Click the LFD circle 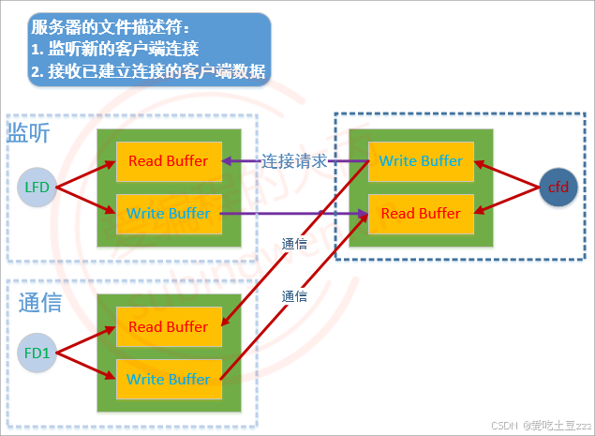coord(38,188)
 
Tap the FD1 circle coord(38,353)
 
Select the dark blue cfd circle coord(558,188)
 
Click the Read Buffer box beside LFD coord(169,161)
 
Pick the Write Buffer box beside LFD coord(169,214)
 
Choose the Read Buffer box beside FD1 coord(169,327)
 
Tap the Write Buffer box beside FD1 coord(169,379)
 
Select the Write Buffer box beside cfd coord(421,161)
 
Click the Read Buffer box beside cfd coord(421,214)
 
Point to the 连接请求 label coord(293,160)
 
